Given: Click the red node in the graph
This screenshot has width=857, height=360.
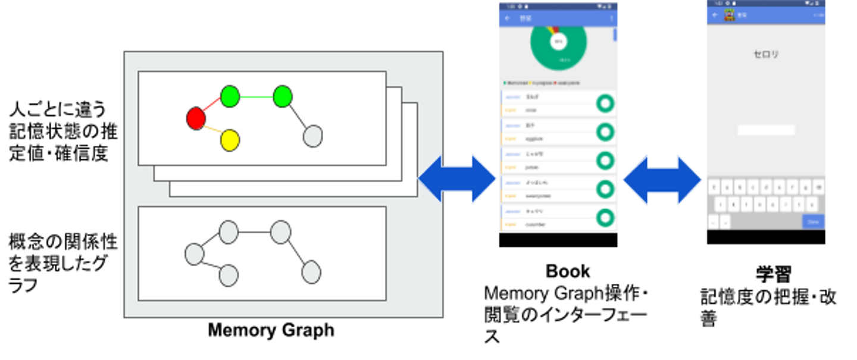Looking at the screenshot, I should coord(196,118).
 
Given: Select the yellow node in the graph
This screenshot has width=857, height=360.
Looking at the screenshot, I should coord(230,140).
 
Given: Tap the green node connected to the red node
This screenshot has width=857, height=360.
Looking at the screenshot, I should coord(230,96).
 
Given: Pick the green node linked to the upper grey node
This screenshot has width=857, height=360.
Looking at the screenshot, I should coord(283,96).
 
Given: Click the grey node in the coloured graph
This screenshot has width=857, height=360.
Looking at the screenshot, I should coord(312,136).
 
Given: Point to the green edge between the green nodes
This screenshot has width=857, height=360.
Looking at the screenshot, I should coord(256,97).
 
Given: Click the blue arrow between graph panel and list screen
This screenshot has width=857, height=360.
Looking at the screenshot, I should coord(457,179).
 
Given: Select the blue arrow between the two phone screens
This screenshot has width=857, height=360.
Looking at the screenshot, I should coord(662,180).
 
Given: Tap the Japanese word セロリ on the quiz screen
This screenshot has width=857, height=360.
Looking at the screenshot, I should coord(766,55).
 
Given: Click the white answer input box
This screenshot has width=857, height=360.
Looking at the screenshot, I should coord(766,130).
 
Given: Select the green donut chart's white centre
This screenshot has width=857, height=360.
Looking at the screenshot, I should coord(558,42).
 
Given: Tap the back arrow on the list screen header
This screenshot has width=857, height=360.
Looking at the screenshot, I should coord(507,18).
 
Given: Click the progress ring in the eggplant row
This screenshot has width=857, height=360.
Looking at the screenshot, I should coord(605,132).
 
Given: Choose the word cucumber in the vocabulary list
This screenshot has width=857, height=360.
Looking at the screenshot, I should coord(536,225).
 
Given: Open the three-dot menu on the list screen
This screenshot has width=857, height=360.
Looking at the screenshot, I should coord(611,18).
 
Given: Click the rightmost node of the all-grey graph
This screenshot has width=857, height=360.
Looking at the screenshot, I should coord(311,272).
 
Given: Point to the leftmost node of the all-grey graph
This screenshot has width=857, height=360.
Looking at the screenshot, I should coord(194,254).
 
